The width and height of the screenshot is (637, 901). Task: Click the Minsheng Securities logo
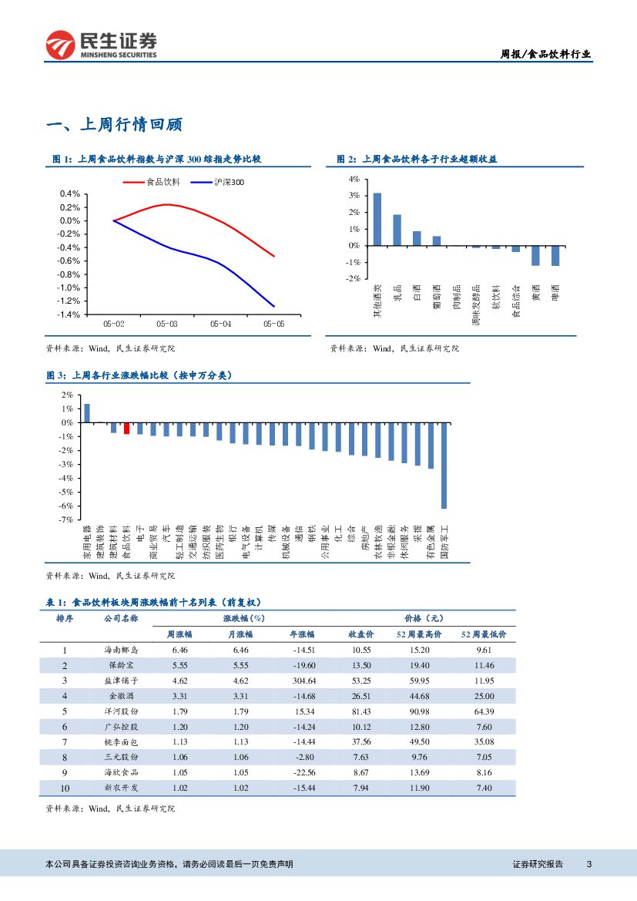[x=101, y=45]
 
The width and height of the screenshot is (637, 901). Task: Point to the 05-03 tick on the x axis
[x=167, y=324]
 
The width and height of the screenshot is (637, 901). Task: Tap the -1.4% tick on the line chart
[x=70, y=314]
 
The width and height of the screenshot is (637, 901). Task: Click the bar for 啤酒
[x=555, y=256]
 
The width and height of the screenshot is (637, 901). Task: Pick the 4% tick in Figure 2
[x=354, y=179]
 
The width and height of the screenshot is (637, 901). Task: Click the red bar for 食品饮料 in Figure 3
[x=126, y=428]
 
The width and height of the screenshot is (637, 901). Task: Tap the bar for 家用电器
[x=87, y=413]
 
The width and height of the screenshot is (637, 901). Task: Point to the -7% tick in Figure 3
[x=68, y=519]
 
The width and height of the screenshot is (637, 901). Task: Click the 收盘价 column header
[x=361, y=634]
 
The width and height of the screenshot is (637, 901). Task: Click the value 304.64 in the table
[x=302, y=681]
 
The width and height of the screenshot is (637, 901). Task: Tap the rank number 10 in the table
[x=65, y=788]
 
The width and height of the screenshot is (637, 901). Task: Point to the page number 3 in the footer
[x=588, y=864]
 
